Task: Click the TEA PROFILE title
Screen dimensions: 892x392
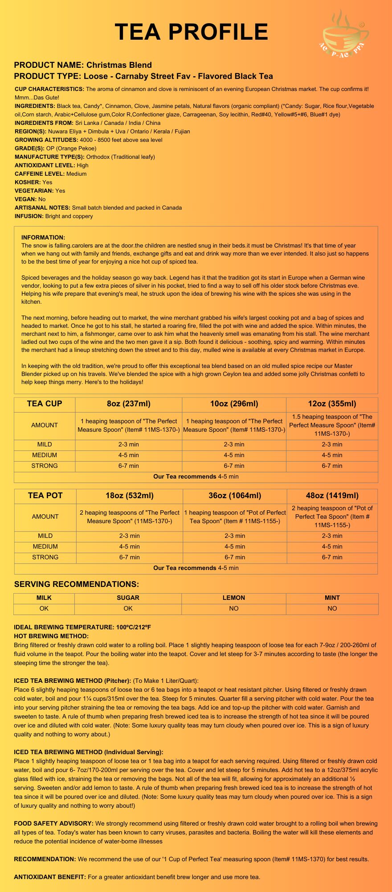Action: [192, 32]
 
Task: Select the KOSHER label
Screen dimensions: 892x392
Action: [28, 182]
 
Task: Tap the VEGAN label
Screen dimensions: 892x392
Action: [25, 199]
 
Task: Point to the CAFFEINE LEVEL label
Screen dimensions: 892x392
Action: [40, 174]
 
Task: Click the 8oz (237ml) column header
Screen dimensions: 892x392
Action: [129, 404]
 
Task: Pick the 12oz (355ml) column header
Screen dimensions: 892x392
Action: [332, 404]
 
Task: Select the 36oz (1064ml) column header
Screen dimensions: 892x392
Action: [235, 496]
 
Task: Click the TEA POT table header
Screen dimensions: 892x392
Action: [45, 496]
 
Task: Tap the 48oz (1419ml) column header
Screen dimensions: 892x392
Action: [332, 496]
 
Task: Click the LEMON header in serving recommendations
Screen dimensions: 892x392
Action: [234, 598]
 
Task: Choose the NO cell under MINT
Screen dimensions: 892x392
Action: [332, 609]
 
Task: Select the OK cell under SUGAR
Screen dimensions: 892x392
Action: [128, 609]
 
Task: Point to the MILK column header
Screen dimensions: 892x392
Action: [44, 598]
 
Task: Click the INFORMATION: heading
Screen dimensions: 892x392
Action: [43, 238]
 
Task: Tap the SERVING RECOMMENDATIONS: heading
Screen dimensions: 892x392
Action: [77, 584]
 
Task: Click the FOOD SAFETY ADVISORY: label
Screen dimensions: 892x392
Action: [53, 823]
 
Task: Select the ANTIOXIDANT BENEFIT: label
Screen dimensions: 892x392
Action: [50, 877]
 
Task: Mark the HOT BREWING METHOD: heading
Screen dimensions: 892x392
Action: [51, 636]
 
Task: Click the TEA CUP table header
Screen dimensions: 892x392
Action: [45, 404]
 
